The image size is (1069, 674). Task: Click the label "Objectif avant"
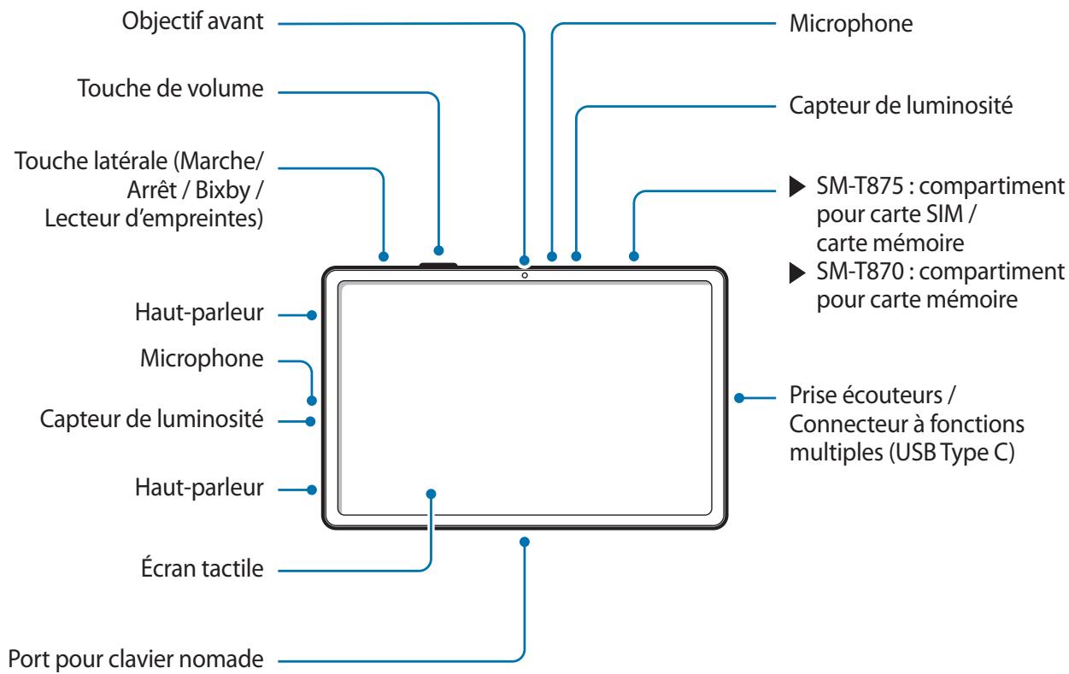tap(192, 22)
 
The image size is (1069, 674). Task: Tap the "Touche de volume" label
tap(170, 89)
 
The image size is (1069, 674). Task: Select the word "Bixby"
tap(223, 190)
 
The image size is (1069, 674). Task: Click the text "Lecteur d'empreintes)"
tap(154, 219)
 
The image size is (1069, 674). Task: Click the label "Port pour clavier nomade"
tap(136, 659)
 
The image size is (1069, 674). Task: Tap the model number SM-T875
tap(860, 186)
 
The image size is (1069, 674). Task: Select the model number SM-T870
tap(860, 272)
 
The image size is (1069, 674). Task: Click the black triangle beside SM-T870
tap(797, 273)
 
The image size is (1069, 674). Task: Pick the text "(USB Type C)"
tap(952, 452)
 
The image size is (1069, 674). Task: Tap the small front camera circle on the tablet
tap(525, 275)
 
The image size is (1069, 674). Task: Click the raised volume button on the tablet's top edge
tap(438, 264)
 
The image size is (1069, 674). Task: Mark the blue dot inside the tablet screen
tap(431, 494)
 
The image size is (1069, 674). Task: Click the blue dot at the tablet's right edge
tap(739, 398)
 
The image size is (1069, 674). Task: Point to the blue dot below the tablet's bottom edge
tap(525, 542)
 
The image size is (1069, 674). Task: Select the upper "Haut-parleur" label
tap(199, 313)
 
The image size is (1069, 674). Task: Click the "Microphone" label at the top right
tap(851, 24)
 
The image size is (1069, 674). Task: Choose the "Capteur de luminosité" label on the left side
tap(151, 419)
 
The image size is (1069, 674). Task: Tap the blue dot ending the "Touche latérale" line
tap(383, 256)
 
